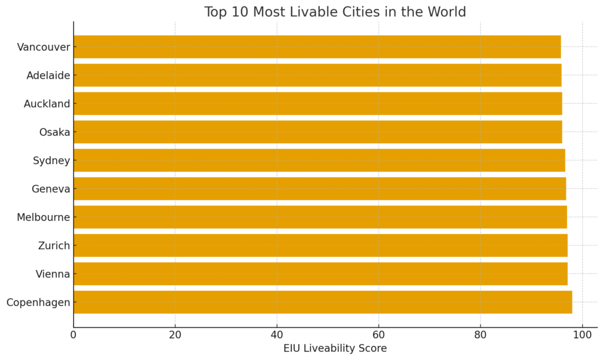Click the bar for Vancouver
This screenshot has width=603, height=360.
317,47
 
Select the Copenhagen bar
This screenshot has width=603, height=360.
323,302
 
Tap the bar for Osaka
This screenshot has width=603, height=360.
317,132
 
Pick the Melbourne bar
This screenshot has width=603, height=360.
320,217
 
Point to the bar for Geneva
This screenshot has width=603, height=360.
319,189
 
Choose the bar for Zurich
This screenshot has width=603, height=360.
320,245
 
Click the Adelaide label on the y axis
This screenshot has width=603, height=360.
48,75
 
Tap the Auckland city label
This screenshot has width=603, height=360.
47,104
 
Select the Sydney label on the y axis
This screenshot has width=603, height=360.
51,160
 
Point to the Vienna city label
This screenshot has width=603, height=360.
52,274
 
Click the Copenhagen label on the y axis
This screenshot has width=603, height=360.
38,302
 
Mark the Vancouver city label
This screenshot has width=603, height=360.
44,47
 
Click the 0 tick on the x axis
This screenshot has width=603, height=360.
74,335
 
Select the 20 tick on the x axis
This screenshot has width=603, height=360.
175,335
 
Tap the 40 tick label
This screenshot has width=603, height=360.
277,335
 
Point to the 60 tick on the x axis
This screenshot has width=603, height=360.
379,335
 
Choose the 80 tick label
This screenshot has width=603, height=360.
481,335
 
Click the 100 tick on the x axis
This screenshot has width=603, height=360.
582,335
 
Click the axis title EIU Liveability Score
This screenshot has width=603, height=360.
335,348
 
